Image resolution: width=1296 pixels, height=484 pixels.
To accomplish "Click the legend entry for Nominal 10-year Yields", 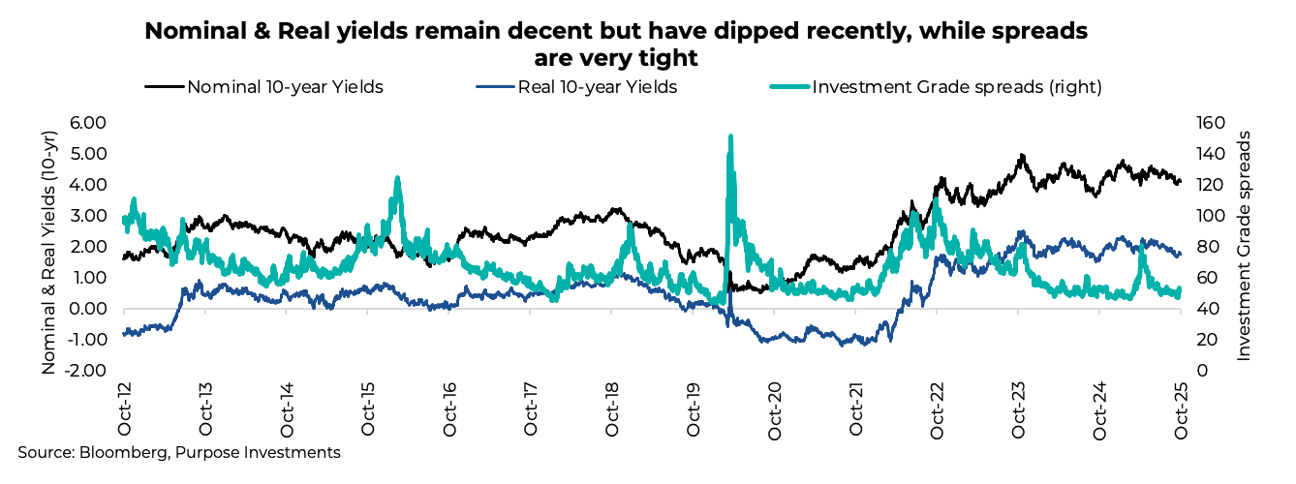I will click(x=285, y=87).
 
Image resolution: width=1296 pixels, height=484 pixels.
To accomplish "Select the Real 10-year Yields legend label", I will click(x=597, y=87).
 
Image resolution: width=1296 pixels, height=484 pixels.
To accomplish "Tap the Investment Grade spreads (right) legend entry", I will click(x=956, y=87).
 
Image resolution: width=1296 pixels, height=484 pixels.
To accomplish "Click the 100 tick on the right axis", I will click(x=1205, y=217).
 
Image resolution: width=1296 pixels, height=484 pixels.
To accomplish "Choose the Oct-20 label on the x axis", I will click(x=774, y=413).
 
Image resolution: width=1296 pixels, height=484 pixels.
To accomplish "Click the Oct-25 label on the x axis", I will click(x=1180, y=413).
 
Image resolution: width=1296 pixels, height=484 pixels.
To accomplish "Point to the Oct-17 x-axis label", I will click(x=531, y=413).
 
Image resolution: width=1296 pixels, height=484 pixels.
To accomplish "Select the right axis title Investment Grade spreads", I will click(x=1245, y=247).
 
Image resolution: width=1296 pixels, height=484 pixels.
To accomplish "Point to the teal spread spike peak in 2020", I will click(x=729, y=136).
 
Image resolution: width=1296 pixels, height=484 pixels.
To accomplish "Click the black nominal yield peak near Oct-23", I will click(x=1021, y=155).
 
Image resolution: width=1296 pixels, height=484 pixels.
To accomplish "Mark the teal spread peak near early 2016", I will click(x=397, y=178).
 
